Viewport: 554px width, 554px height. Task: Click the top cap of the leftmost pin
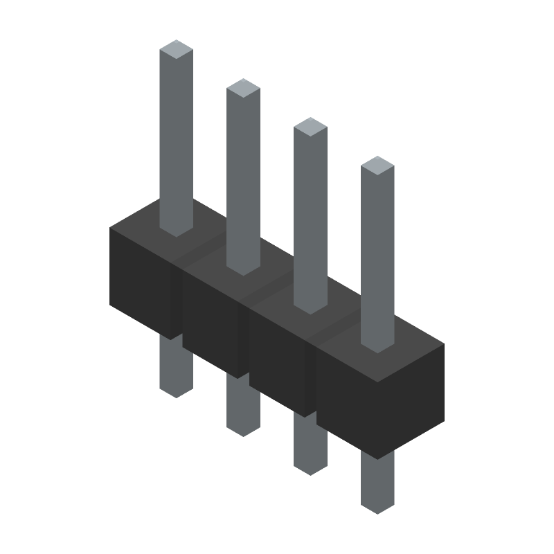coord(176,48)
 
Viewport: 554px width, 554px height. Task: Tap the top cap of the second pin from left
coord(243,87)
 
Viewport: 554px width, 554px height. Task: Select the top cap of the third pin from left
coord(310,126)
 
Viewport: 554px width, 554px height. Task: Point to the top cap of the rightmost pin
coord(377,165)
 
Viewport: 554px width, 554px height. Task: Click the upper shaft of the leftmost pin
coord(176,138)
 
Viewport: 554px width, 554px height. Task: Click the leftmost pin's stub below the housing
coord(176,367)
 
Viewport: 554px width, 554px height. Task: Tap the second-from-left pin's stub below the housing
coord(243,409)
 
